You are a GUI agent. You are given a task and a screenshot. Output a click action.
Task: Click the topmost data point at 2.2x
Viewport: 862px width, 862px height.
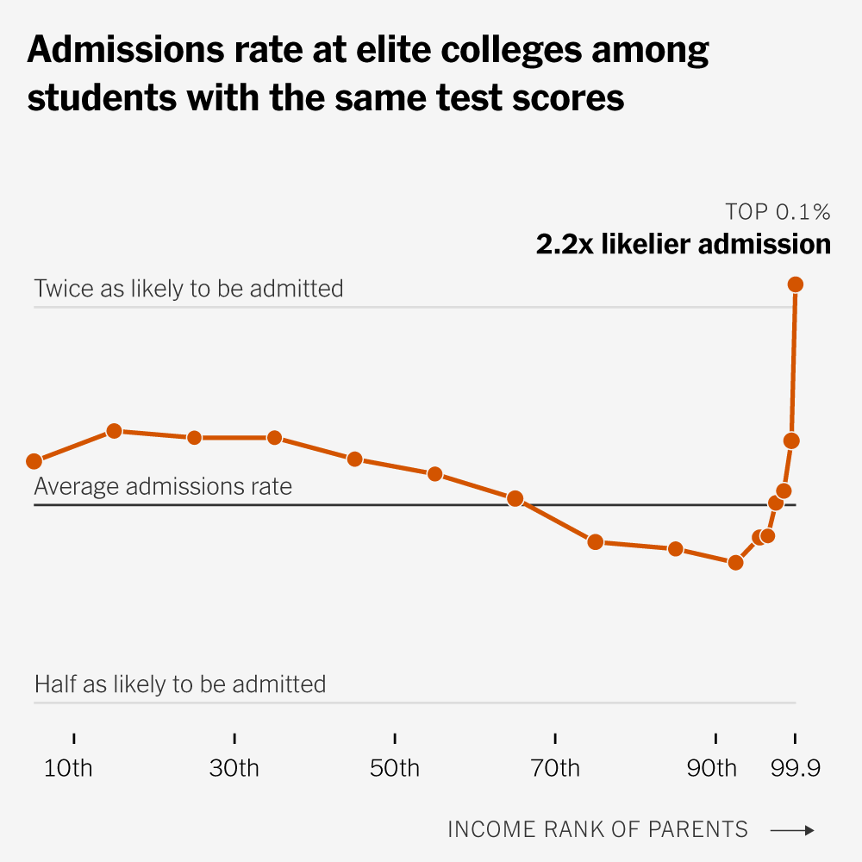coord(796,284)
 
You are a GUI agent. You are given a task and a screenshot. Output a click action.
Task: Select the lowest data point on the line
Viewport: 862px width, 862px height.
coord(735,562)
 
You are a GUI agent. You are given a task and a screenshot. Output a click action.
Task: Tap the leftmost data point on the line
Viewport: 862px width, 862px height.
coord(34,461)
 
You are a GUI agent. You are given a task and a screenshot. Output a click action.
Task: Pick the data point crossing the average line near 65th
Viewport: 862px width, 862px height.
coord(515,498)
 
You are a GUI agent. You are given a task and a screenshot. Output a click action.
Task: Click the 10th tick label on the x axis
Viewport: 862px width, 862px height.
coord(68,767)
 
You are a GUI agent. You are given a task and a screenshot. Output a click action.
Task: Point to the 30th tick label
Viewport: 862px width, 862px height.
coord(234,767)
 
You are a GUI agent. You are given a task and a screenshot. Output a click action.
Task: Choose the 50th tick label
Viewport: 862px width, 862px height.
coord(395,767)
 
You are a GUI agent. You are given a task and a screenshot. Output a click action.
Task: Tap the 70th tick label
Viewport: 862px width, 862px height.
coord(555,767)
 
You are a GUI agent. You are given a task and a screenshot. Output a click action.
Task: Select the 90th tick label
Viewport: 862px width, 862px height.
coord(712,767)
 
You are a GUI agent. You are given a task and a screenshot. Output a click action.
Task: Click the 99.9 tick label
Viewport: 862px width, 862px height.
coord(794,767)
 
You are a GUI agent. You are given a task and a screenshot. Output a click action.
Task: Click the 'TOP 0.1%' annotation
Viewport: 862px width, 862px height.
coord(778,212)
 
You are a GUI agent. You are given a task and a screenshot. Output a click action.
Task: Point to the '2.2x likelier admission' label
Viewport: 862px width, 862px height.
coord(684,244)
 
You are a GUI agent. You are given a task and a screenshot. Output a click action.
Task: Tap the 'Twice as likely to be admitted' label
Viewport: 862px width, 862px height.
coord(189,288)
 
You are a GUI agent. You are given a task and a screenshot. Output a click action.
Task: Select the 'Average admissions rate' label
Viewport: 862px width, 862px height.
coord(163,486)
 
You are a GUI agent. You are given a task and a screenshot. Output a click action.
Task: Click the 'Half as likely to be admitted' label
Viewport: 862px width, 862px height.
coord(180,684)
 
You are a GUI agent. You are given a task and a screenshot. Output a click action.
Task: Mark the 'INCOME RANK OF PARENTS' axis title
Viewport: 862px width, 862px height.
coord(597,829)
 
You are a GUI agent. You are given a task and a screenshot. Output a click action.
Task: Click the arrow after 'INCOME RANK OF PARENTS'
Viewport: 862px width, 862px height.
coord(791,830)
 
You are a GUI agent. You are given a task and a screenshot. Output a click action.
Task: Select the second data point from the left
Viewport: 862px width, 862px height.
coord(114,431)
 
